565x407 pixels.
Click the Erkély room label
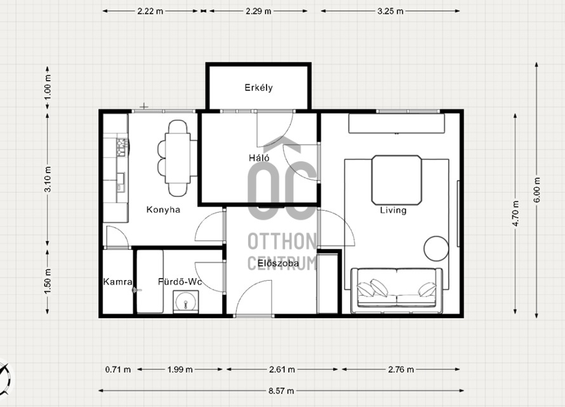click(258, 88)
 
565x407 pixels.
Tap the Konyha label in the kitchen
click(163, 210)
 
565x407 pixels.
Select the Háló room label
click(259, 157)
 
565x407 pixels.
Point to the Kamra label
click(117, 281)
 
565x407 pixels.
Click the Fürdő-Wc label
click(180, 281)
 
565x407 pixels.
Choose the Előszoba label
click(278, 263)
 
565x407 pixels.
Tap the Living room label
click(393, 210)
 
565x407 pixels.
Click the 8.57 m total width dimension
click(281, 390)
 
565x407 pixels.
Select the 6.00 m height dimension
click(537, 190)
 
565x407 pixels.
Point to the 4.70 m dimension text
click(515, 213)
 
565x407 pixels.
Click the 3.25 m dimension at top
click(390, 11)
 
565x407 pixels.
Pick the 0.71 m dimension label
click(118, 370)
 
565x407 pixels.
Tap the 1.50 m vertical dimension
click(48, 281)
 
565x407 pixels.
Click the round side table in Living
click(436, 248)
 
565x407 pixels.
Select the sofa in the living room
click(396, 291)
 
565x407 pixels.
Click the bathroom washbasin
click(185, 302)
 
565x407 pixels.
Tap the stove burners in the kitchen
click(122, 147)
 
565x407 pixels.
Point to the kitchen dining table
click(177, 158)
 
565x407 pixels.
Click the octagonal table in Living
click(397, 180)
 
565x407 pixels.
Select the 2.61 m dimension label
click(282, 370)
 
